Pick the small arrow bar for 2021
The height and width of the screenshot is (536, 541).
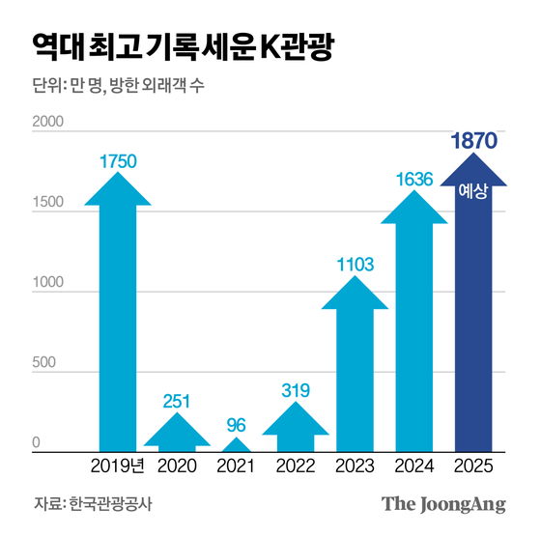(x=236, y=444)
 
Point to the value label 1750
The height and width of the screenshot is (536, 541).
(x=118, y=160)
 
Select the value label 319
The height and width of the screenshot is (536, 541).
(x=296, y=390)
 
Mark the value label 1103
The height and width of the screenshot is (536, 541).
(x=355, y=263)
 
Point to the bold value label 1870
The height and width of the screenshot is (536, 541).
(x=472, y=140)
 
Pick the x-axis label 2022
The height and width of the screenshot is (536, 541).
(x=296, y=466)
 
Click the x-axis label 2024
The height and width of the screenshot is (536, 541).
(x=413, y=466)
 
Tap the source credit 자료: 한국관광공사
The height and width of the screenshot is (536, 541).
(x=93, y=504)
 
